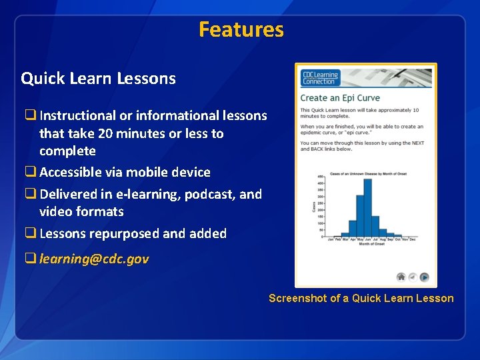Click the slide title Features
coord(241,29)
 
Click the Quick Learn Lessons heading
coord(98,79)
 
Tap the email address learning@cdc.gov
coord(94,259)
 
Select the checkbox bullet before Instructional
coord(30,115)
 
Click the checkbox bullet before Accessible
coord(30,172)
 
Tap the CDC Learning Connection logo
coord(321,77)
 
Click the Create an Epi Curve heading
coord(340,98)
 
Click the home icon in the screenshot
coord(401,277)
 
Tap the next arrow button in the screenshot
coord(423,277)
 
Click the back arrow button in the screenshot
coord(412,277)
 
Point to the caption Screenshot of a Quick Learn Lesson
coord(361,298)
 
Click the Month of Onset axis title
coord(371,245)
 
